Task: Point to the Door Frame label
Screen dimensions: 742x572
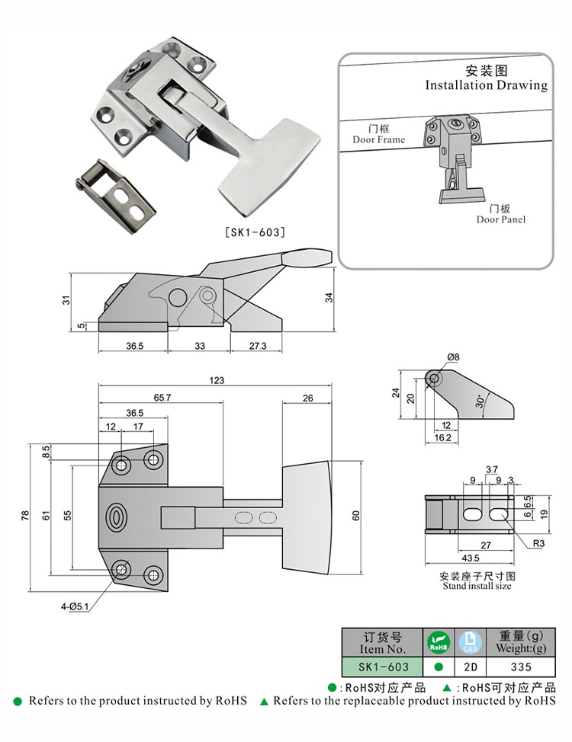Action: [x=378, y=140]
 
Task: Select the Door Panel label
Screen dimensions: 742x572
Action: [x=501, y=219]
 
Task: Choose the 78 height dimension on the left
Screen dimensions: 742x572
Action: [x=26, y=517]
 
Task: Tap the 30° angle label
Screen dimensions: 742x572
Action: [x=480, y=401]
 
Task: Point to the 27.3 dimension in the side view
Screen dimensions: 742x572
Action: [x=256, y=345]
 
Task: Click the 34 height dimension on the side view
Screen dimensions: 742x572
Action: [x=329, y=297]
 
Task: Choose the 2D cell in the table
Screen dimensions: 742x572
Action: [x=470, y=666]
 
